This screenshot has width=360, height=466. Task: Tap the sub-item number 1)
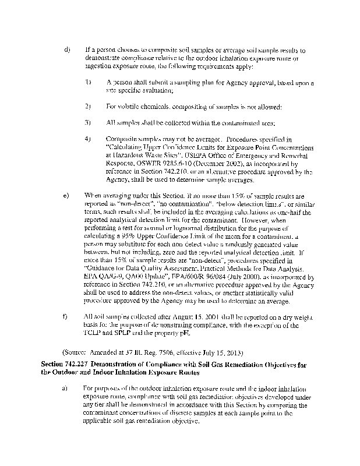point(87,83)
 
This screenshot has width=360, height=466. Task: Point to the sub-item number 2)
point(87,107)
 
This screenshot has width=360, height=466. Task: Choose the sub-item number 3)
point(87,123)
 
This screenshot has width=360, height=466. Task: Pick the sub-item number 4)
point(87,139)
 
